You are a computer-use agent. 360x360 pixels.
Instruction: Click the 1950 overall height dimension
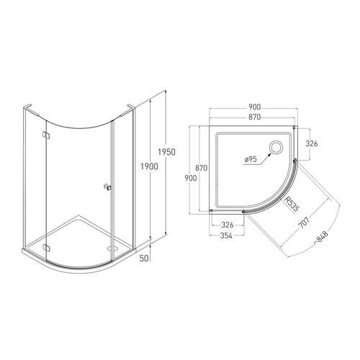pyautogui.click(x=166, y=152)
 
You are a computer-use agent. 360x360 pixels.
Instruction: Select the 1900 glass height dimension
pyautogui.click(x=149, y=166)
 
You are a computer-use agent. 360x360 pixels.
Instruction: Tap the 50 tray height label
pyautogui.click(x=144, y=258)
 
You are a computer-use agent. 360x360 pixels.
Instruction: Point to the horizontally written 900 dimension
pyautogui.click(x=254, y=107)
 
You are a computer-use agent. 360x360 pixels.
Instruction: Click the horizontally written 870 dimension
pyautogui.click(x=254, y=117)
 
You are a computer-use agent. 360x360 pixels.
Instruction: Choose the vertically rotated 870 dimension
pyautogui.click(x=201, y=168)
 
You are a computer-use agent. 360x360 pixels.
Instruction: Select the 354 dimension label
pyautogui.click(x=226, y=235)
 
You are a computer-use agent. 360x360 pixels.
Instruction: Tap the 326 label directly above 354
pyautogui.click(x=228, y=225)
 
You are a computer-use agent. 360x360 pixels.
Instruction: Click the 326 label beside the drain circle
pyautogui.click(x=312, y=143)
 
